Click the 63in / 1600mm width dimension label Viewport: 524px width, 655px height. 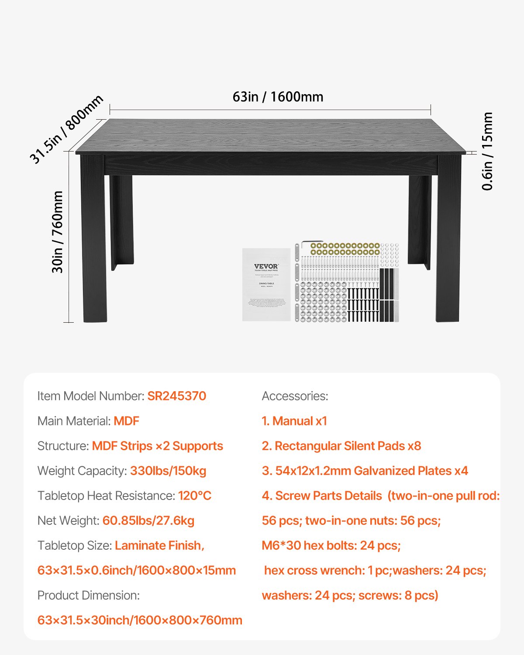278,97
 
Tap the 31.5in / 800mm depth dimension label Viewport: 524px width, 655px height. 66,129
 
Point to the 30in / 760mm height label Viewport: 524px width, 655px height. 58,232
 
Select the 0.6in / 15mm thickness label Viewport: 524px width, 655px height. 487,151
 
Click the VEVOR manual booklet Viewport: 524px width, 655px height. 266,284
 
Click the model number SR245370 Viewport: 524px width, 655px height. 176,396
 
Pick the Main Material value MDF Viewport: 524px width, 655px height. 126,421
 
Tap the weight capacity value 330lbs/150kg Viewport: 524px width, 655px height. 168,471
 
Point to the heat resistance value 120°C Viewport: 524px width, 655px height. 194,496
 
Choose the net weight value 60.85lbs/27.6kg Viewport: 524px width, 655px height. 148,521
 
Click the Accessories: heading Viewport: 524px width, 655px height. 295,396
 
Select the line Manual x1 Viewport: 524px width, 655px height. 294,421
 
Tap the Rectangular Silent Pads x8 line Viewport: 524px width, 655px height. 341,446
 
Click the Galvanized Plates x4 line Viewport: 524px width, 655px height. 365,471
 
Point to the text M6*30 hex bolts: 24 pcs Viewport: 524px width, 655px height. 331,545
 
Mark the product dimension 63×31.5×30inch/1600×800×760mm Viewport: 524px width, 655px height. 140,620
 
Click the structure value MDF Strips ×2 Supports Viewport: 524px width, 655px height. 157,446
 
